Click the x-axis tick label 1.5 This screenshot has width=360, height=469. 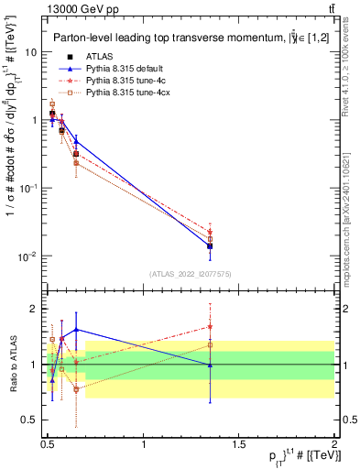pyautogui.click(x=239, y=443)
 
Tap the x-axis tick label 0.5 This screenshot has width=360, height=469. pyautogui.click(x=48, y=443)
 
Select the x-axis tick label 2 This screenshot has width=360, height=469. pyautogui.click(x=334, y=443)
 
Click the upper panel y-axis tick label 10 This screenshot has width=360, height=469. pyautogui.click(x=31, y=52)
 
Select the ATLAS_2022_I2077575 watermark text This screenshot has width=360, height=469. pyautogui.click(x=191, y=274)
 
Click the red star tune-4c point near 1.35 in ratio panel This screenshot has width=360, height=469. pyautogui.click(x=211, y=326)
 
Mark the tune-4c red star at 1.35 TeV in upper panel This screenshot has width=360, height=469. pyautogui.click(x=211, y=232)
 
